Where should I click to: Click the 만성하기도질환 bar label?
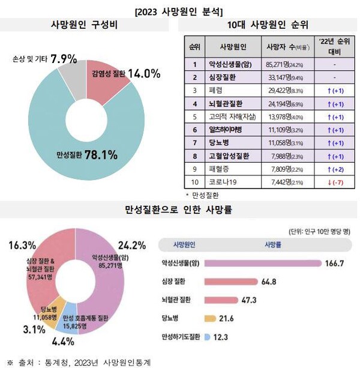point(179,337)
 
